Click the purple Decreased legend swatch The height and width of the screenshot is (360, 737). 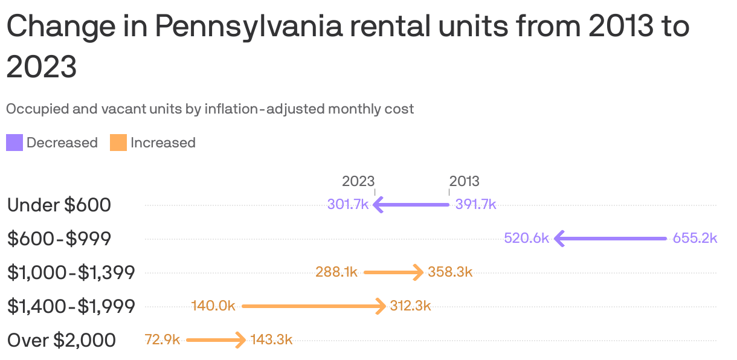[14, 143]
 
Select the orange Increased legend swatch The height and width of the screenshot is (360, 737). [118, 143]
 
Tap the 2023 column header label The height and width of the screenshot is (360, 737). [358, 181]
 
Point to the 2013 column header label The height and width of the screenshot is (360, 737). [464, 181]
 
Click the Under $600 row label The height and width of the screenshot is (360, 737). [59, 205]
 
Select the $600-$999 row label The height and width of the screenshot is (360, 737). [59, 239]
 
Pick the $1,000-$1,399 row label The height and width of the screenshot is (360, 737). [71, 272]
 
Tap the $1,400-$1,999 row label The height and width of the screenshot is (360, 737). [71, 306]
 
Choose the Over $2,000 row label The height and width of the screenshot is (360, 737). [62, 340]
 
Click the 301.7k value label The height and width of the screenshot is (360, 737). [348, 204]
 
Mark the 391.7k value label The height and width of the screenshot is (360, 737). [475, 204]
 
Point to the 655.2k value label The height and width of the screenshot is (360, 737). [695, 238]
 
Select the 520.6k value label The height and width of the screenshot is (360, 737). [526, 238]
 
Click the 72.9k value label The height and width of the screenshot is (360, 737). [163, 339]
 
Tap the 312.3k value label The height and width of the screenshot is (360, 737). [410, 306]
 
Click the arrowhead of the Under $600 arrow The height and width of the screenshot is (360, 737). [378, 204]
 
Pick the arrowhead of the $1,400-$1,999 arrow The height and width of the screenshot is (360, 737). [381, 306]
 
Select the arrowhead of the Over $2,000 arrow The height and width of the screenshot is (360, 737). [241, 340]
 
